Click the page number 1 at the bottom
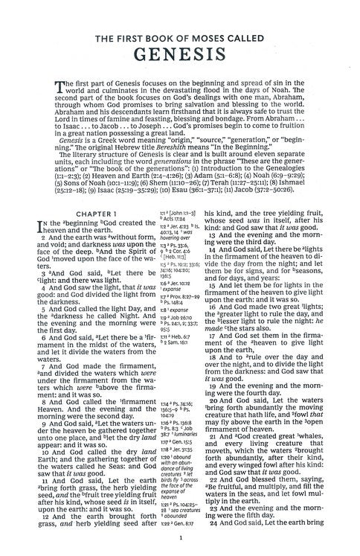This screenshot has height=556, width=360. click(x=181, y=543)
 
